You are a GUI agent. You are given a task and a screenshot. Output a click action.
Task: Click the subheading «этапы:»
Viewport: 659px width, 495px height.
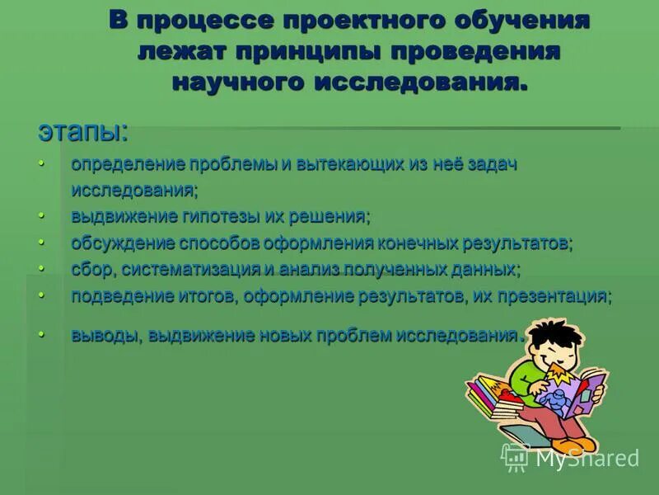82,132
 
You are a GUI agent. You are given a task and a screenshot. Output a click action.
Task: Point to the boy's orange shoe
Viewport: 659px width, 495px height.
582,444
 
